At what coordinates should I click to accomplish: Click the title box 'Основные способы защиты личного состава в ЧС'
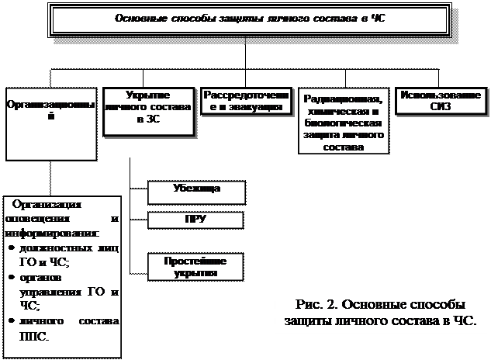(x=248, y=19)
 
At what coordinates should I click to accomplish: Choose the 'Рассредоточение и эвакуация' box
(x=247, y=102)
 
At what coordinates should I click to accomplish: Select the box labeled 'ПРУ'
(x=195, y=220)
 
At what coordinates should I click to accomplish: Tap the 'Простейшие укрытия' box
(x=195, y=268)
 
